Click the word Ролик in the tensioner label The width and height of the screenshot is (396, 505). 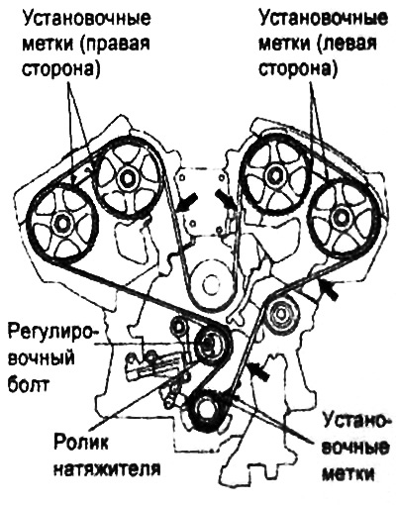81,446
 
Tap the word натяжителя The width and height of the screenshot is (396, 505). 108,469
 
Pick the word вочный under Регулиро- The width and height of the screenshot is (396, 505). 41,358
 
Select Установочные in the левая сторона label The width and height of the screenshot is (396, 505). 324,19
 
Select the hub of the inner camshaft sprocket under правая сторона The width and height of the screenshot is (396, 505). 127,178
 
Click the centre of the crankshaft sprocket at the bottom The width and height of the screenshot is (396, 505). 205,410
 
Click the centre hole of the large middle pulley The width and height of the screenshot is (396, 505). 210,284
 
